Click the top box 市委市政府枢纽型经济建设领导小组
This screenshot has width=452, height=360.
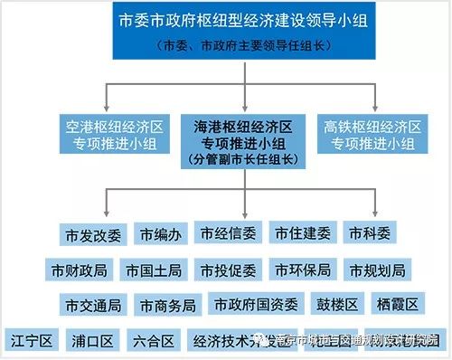(x=225, y=32)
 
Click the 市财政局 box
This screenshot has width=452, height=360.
(x=80, y=270)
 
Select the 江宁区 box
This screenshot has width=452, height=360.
(x=34, y=341)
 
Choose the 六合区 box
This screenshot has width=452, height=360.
(x=151, y=341)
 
